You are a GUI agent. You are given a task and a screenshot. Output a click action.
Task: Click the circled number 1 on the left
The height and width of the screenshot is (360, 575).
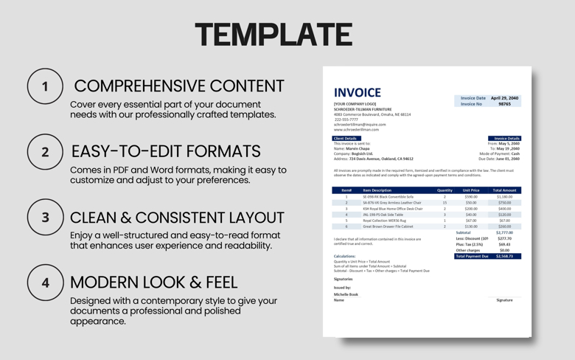(x=45, y=86)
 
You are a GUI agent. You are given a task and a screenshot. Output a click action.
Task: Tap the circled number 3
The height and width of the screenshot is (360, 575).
(x=45, y=218)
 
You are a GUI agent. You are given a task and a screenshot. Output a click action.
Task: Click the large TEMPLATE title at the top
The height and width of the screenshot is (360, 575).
(x=273, y=34)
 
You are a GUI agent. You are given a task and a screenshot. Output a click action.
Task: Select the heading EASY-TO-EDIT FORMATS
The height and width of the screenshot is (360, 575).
(x=166, y=151)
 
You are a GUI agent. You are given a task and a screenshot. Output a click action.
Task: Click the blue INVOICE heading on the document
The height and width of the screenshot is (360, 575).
(x=358, y=92)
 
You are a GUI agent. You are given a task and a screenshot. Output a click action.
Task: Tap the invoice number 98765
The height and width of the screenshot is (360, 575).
(x=504, y=104)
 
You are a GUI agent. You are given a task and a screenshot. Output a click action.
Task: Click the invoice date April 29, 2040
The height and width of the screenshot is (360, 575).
(x=504, y=98)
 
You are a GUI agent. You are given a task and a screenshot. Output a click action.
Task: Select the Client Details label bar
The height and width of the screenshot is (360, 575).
(x=346, y=138)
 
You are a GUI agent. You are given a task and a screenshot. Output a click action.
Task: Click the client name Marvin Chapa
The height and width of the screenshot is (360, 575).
(x=358, y=148)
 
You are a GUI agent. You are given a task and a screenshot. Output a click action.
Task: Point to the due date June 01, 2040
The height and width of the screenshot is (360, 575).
(x=508, y=159)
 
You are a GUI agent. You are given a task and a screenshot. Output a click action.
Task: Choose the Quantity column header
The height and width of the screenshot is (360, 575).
(x=445, y=190)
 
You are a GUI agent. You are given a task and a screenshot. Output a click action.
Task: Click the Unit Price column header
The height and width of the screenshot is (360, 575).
(x=471, y=190)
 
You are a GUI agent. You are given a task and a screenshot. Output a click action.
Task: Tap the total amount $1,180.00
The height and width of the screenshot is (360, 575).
(x=504, y=197)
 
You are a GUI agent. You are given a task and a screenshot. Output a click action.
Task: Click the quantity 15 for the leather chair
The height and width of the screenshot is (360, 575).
(x=445, y=203)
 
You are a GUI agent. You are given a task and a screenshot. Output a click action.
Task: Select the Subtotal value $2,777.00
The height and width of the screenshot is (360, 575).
(x=504, y=232)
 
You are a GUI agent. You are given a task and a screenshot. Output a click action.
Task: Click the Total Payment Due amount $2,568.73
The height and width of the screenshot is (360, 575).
(x=504, y=256)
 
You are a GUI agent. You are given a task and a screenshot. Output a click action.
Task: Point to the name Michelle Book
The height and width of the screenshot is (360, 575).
(x=346, y=294)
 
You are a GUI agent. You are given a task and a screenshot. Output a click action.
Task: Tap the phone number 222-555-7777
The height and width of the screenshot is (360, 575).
(x=346, y=120)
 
